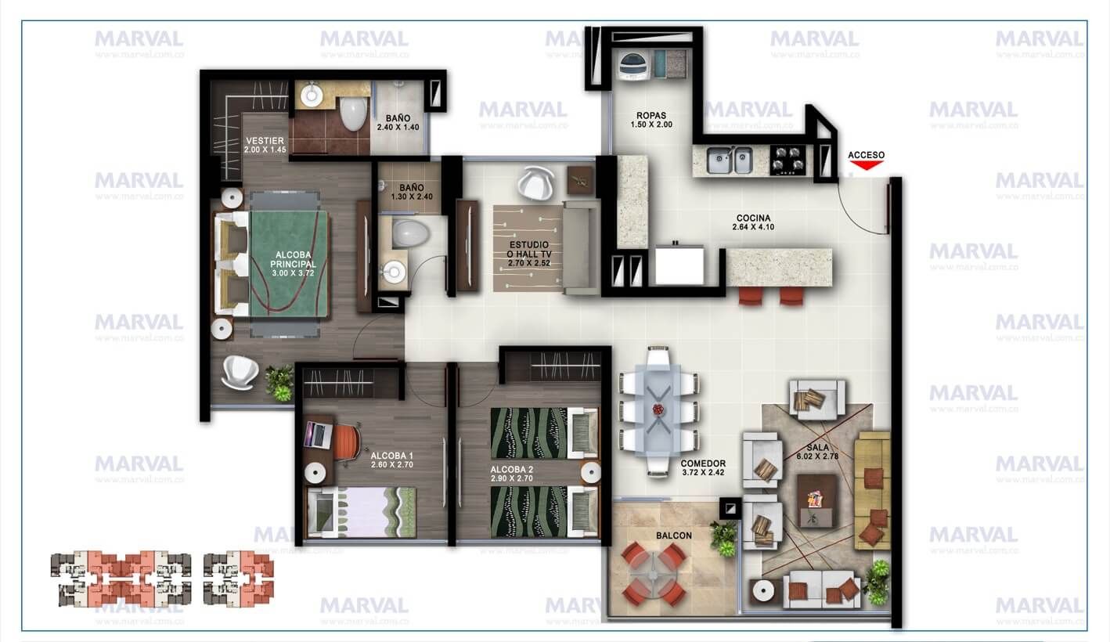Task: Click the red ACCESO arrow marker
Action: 866,164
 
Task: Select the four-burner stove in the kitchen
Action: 788,159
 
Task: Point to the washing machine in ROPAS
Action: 631,64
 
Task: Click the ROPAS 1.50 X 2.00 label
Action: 651,120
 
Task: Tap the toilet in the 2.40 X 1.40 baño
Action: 353,113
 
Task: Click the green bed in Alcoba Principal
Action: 288,264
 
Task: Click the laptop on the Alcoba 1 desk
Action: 319,433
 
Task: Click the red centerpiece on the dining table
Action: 658,409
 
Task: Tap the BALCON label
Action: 674,536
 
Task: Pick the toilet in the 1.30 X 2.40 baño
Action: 409,233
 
